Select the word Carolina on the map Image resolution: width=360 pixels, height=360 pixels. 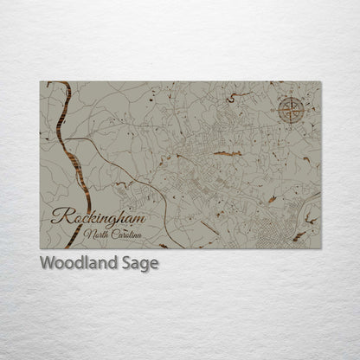click(130, 235)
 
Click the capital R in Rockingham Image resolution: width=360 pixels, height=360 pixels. click(58, 215)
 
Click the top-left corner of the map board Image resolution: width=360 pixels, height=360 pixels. click(40, 81)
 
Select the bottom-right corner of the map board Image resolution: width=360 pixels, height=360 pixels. click(320, 248)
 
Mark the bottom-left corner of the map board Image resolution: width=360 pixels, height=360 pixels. click(40, 248)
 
